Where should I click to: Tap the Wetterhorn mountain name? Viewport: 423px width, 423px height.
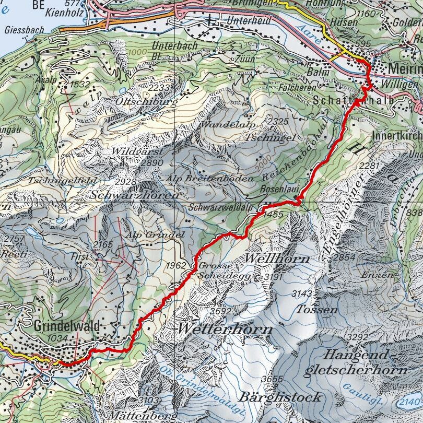coord(225,329)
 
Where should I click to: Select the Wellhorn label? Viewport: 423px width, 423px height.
coord(277,258)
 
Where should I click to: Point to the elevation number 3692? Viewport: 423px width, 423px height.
coord(220,312)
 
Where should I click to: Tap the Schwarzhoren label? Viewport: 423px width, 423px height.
coord(134,194)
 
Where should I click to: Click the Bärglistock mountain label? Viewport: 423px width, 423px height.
coord(279,396)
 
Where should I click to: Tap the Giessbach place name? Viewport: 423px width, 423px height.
coord(24,30)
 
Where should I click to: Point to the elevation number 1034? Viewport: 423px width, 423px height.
coord(56,338)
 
